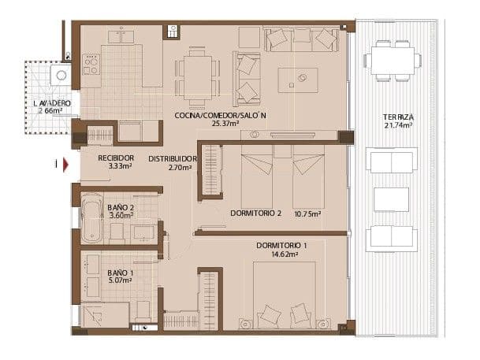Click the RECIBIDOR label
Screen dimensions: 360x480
tap(114, 158)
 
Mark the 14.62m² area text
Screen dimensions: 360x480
tap(281, 254)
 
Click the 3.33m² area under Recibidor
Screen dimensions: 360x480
tap(115, 167)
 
